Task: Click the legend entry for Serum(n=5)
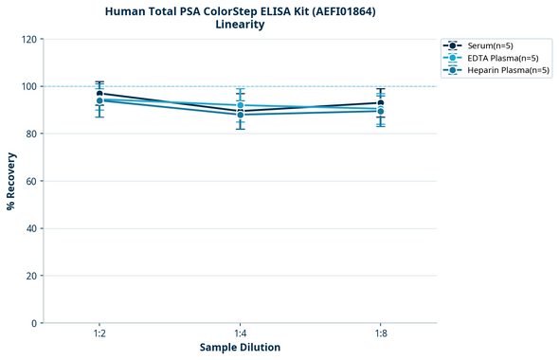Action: (490, 45)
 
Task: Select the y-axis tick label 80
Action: (30, 134)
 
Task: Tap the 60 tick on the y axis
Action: (30, 181)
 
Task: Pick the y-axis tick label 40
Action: (30, 228)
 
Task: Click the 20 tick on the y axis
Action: (30, 276)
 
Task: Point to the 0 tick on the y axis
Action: (33, 323)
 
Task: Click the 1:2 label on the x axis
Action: (99, 333)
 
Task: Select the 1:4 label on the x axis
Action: (240, 333)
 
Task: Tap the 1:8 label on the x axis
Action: (380, 333)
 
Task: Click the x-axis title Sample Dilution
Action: (240, 348)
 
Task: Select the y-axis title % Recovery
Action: (11, 181)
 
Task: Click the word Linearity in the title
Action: (240, 25)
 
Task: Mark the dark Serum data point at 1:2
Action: (99, 94)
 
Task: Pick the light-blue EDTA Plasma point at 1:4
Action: (240, 105)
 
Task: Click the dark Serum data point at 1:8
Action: (380, 103)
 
